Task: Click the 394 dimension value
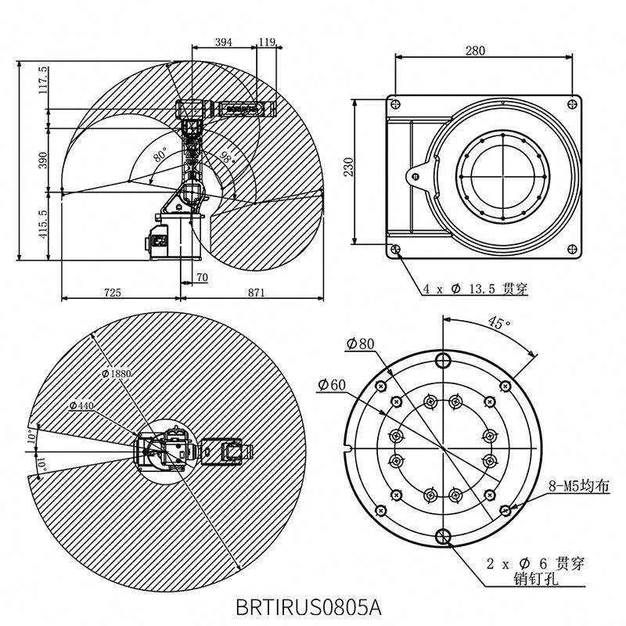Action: [x=223, y=42]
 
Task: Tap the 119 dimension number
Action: [x=267, y=42]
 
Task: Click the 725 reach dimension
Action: [x=112, y=293]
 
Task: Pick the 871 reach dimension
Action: [x=256, y=293]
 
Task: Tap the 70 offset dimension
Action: [x=203, y=277]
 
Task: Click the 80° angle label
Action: [x=160, y=154]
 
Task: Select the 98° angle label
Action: [x=227, y=158]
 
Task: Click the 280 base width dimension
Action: [x=475, y=51]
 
